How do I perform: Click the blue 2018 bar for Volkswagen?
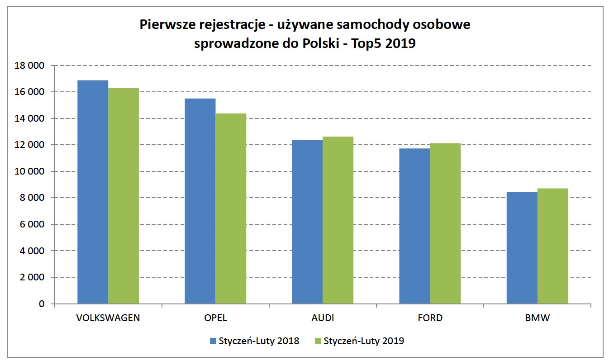93,192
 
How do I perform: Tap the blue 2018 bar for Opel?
200,201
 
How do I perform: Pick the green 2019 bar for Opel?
231,208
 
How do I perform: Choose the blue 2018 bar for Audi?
307,222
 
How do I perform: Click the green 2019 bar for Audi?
338,220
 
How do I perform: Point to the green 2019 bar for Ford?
445,223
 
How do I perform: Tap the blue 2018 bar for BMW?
522,248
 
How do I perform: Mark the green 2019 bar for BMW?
552,246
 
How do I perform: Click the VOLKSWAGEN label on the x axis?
108,318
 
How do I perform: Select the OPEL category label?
215,318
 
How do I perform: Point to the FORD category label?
430,318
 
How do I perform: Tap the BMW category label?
537,318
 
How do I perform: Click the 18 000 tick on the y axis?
30,66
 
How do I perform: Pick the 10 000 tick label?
30,172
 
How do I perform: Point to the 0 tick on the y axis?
42,304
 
